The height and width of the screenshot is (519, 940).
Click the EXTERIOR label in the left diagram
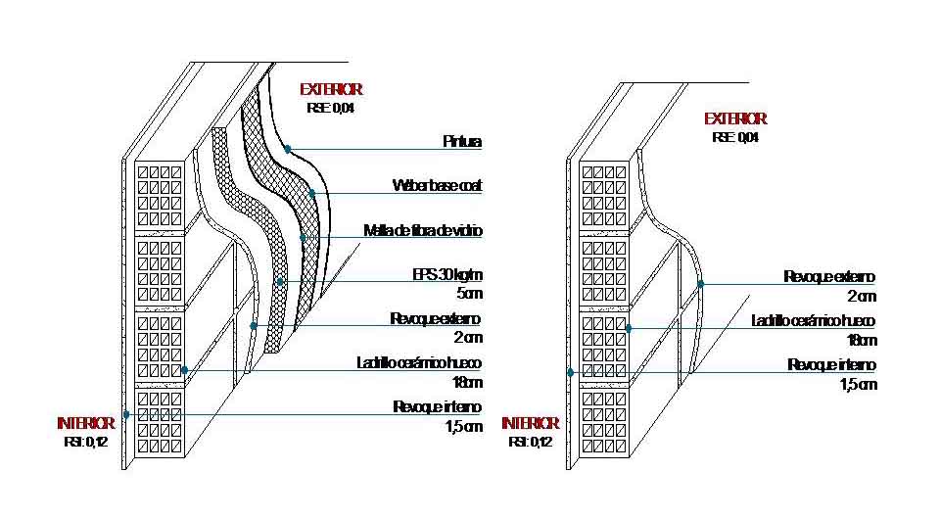331,89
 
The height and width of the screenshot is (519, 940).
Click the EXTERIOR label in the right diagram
735,118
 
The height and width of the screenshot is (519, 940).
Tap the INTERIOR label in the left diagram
86,423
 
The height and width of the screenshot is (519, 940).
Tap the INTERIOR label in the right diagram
530,423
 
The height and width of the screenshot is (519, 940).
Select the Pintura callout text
462,142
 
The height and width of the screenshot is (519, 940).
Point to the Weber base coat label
437,185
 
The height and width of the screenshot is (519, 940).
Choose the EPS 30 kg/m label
447,274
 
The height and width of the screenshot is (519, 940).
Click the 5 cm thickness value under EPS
468,293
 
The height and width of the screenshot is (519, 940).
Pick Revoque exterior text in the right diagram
829,277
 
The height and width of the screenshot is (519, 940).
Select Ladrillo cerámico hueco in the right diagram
813,321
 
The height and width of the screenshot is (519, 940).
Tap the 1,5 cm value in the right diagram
859,384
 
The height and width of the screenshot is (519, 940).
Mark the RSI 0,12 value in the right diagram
530,442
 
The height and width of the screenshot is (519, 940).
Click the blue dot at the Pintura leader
288,149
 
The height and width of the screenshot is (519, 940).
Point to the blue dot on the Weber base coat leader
312,193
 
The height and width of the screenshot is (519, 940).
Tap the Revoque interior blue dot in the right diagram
570,372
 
